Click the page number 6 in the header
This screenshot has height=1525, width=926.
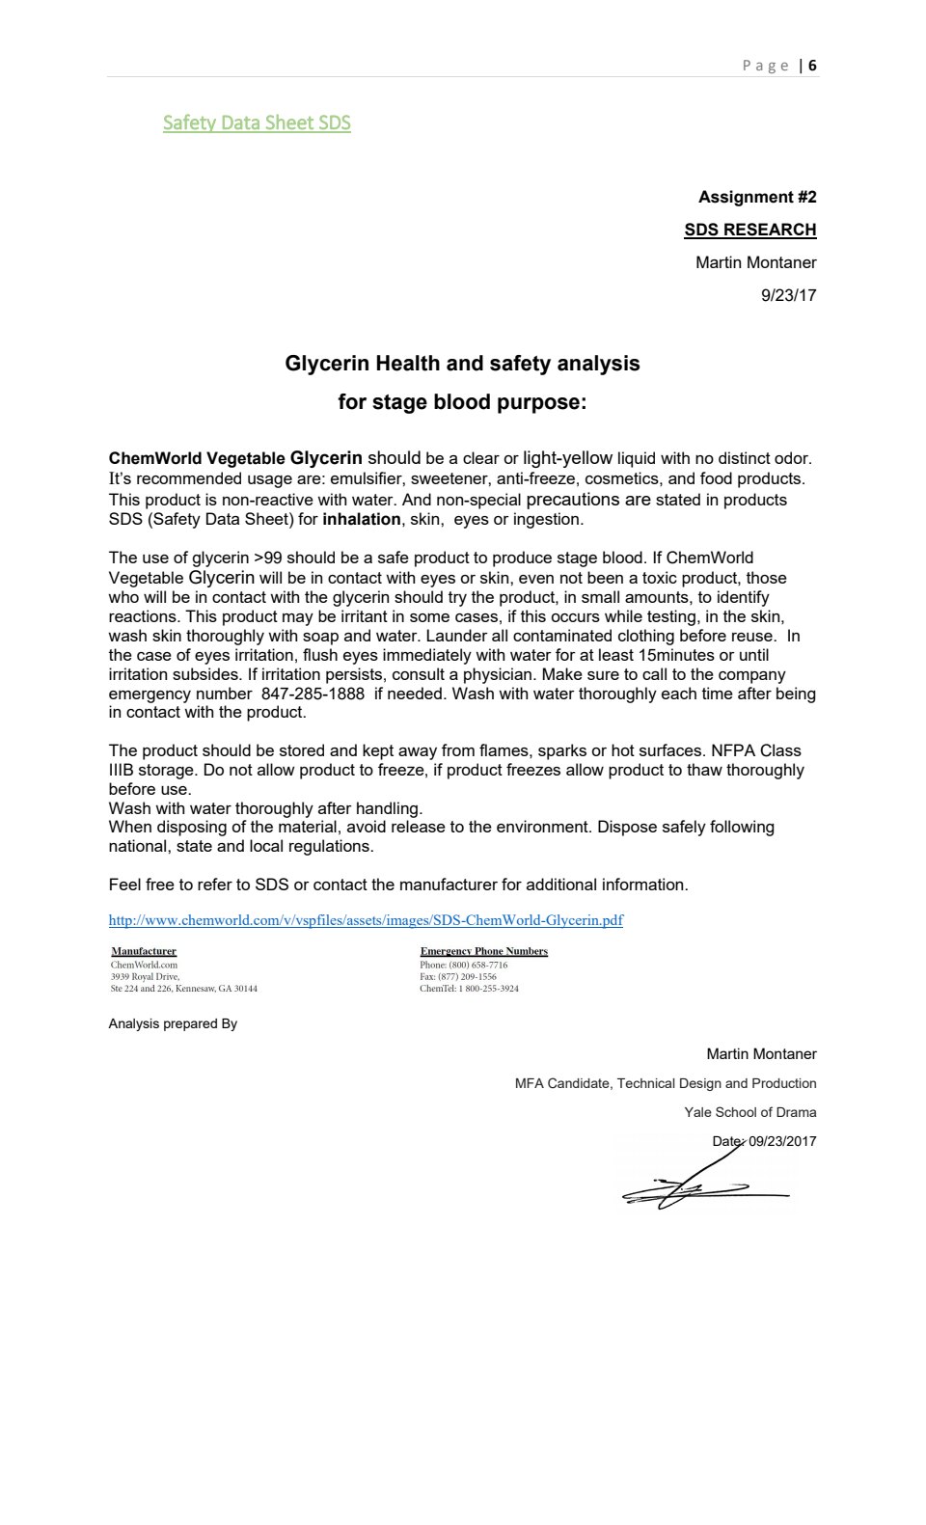coord(813,66)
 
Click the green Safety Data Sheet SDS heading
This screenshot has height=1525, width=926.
coord(257,123)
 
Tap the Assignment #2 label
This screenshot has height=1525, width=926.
coord(757,197)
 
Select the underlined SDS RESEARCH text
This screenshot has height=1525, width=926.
coord(749,230)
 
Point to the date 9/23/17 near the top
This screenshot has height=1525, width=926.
coord(788,295)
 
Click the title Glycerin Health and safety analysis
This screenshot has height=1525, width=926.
coord(462,364)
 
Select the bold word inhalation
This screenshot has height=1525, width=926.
coord(361,519)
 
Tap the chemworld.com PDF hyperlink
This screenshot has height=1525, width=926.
coord(366,920)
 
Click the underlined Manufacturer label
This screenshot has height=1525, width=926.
coord(144,951)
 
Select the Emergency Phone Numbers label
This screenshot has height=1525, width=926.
coord(483,951)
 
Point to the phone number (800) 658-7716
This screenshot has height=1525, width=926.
coord(477,965)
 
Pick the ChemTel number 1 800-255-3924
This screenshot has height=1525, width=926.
coord(488,989)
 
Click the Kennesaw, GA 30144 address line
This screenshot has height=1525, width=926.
coord(183,989)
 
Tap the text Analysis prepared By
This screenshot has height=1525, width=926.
coord(173,1023)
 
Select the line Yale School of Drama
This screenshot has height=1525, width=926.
coord(749,1112)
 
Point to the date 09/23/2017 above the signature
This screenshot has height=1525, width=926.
coord(782,1141)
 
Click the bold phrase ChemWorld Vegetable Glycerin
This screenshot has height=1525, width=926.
coord(235,458)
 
